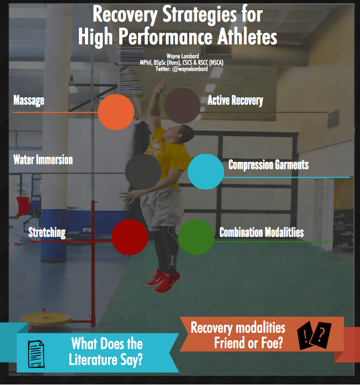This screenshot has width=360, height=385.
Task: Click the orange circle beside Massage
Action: tap(116, 112)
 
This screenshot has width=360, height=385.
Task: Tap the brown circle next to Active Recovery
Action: tap(182, 106)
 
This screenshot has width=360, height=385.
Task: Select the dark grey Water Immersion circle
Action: tap(143, 172)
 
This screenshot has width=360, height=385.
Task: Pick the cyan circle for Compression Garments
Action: tap(206, 172)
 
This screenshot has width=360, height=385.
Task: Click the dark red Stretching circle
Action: tap(129, 237)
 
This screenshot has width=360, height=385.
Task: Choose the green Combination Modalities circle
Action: tap(196, 237)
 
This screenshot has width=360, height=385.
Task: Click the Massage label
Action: tap(29, 101)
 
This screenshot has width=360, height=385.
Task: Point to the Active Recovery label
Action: tap(235, 101)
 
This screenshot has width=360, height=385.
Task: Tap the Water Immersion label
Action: tap(43, 160)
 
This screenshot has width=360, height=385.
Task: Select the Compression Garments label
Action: tap(269, 165)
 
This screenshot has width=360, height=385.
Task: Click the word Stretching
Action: tap(47, 232)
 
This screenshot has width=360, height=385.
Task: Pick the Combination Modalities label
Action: tap(261, 232)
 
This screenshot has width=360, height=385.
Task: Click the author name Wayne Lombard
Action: tap(183, 56)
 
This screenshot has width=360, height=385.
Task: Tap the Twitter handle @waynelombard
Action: tap(190, 69)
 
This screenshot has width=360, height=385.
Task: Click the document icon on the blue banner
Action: tap(37, 354)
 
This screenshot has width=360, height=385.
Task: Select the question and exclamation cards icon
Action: tap(314, 336)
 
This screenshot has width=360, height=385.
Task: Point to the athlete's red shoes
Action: tap(163, 281)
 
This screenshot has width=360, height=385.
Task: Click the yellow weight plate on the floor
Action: tap(46, 318)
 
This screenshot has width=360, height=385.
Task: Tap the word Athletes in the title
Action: tap(247, 37)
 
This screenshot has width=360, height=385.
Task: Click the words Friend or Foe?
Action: tap(249, 343)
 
